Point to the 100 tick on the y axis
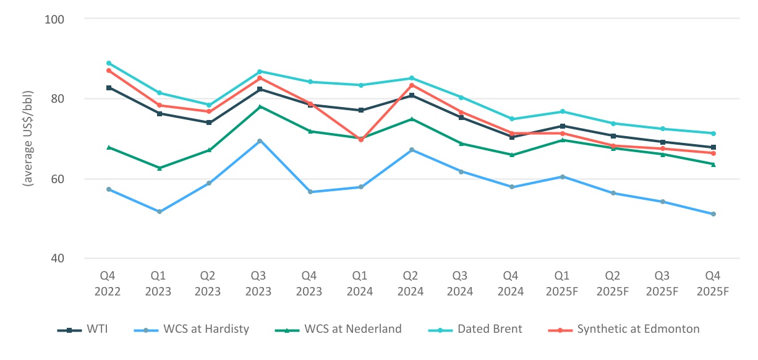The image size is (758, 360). pos(56,19)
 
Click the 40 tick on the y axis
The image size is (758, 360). pos(59,259)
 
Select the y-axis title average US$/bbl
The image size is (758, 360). pos(28,139)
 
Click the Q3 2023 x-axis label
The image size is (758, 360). pos(259,283)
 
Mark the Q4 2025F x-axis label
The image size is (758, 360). pos(713,283)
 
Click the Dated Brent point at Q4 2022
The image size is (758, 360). pos(109,63)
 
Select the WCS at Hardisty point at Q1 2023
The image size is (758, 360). pos(159,212)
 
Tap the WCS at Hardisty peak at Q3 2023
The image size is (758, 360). pos(260,141)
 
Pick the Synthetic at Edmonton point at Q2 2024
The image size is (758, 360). pos(411,85)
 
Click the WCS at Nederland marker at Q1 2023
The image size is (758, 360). pos(159,168)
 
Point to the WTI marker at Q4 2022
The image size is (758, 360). pos(109,88)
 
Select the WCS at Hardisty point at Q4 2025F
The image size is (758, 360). pos(713,214)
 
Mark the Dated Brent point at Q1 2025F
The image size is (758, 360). pos(562,111)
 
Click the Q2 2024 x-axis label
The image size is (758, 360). pos(411,283)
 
